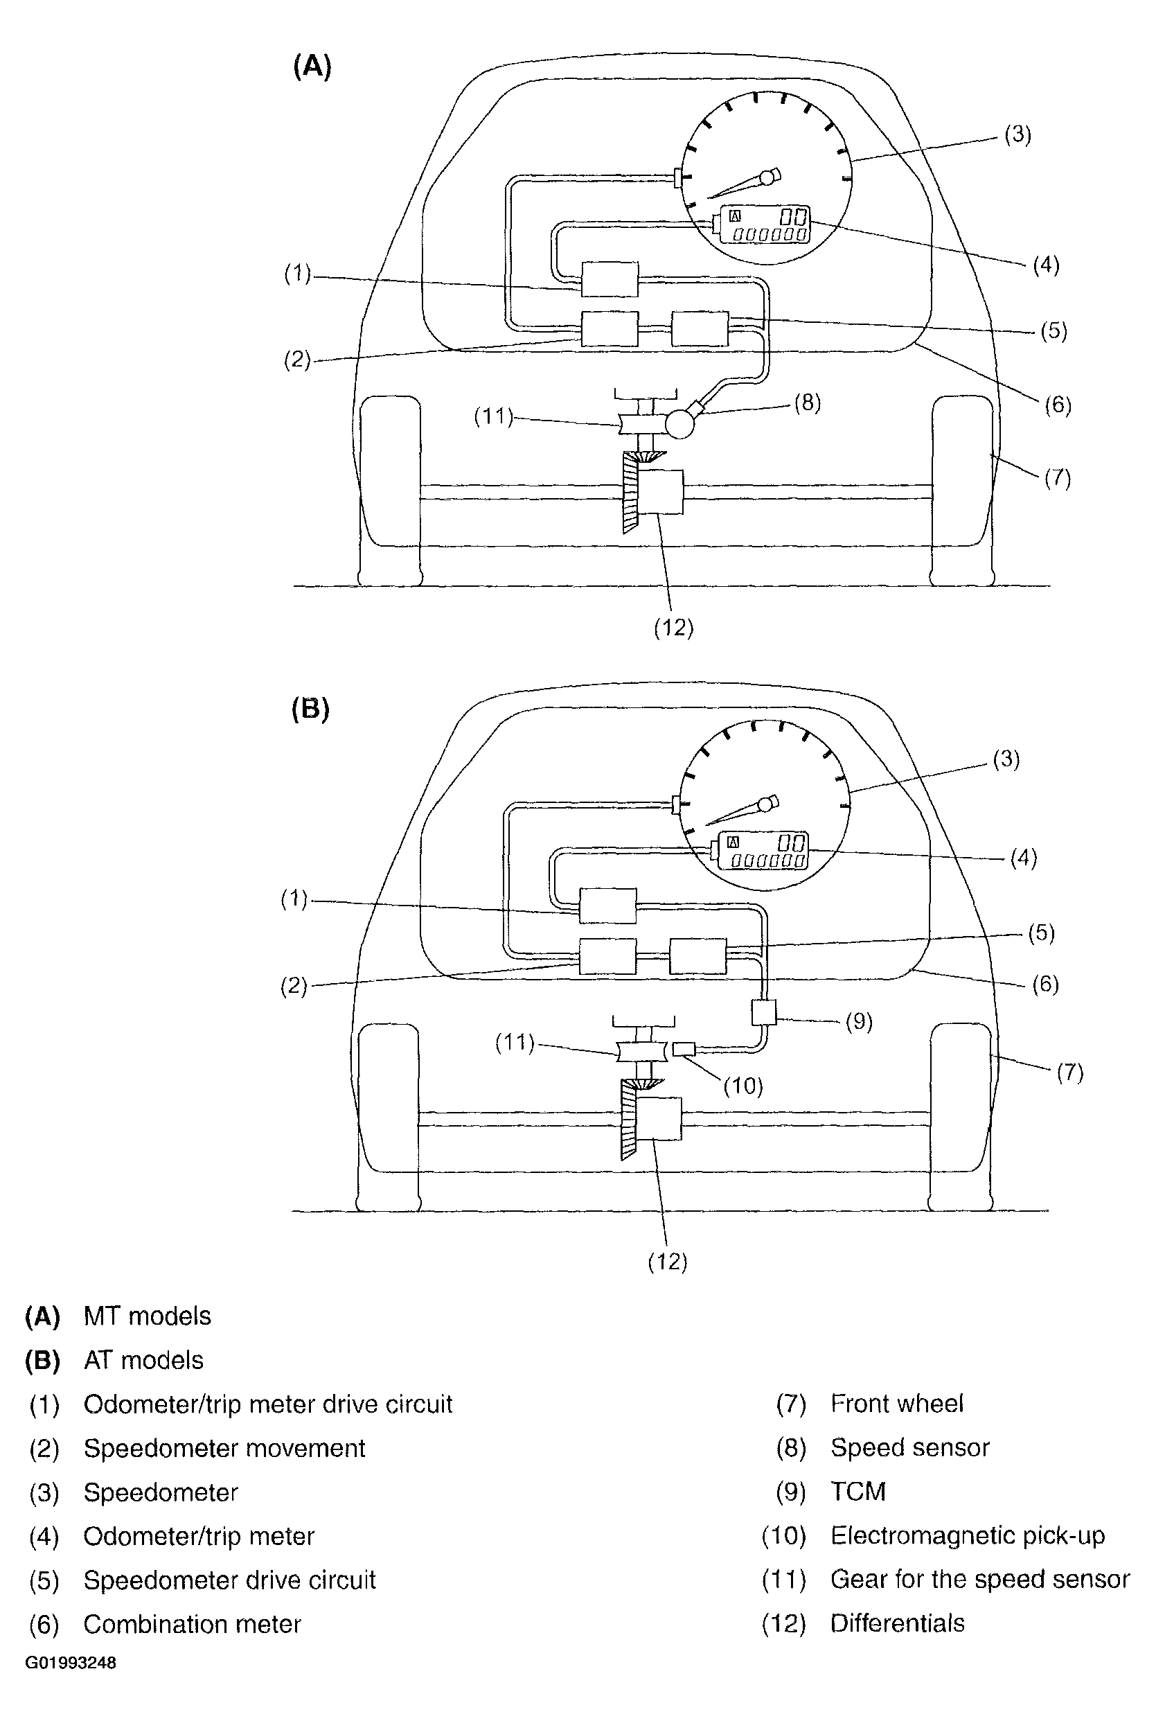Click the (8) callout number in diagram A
(x=808, y=403)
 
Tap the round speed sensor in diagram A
(x=679, y=423)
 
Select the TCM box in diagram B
(x=764, y=1012)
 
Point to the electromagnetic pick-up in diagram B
(x=684, y=1048)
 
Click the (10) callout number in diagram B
(x=743, y=1086)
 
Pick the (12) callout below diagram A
(x=674, y=628)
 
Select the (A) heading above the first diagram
(x=312, y=67)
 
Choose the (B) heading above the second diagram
(x=310, y=709)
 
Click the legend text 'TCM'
(x=857, y=1491)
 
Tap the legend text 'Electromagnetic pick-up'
(x=968, y=1535)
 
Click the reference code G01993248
(x=71, y=1663)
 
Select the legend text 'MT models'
(x=148, y=1316)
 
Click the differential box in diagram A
(x=660, y=492)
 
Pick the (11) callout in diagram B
(x=515, y=1042)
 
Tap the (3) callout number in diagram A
(x=1018, y=135)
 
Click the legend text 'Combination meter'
(x=193, y=1624)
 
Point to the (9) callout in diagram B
(x=859, y=1021)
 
